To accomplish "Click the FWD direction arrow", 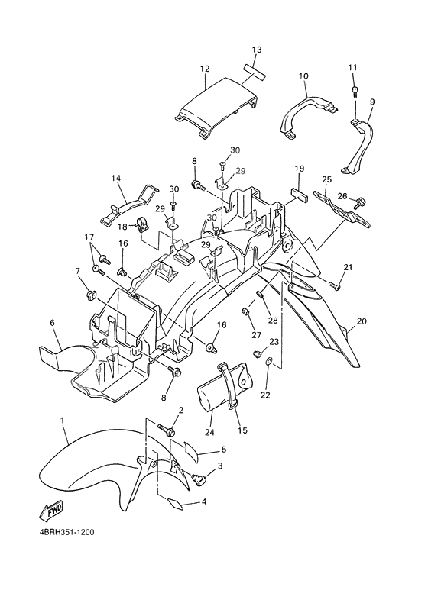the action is (52, 510).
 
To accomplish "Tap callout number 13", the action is (257, 50).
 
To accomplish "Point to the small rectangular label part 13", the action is (254, 71).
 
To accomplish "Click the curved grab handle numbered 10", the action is (308, 114).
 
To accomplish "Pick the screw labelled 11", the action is (355, 91).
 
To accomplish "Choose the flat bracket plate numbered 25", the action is (342, 210).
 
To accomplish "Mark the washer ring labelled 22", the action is (269, 361).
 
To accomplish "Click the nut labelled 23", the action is (258, 353).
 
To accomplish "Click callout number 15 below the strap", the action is (242, 430).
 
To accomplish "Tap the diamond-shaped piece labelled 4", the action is (174, 504).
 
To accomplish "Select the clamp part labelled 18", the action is (141, 224).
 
